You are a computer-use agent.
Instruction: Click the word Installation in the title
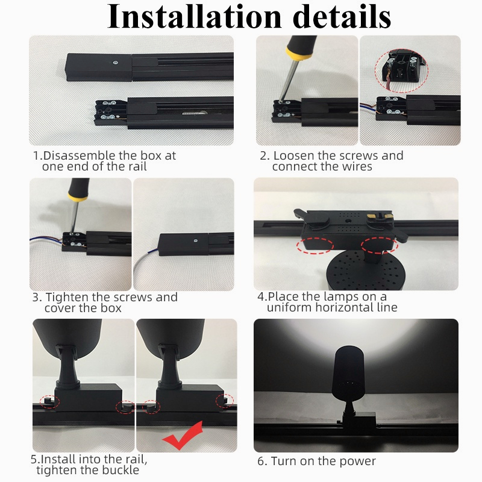(194, 16)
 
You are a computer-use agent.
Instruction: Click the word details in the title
(342, 16)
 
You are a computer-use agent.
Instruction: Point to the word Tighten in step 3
(67, 297)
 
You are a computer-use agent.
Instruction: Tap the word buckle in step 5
(120, 470)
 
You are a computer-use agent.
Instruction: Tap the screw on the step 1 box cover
(116, 63)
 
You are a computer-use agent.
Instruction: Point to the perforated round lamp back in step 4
(365, 270)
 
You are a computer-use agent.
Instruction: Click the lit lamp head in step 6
(348, 373)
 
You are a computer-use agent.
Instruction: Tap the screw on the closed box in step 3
(195, 240)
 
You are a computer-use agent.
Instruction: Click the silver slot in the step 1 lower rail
(193, 113)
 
